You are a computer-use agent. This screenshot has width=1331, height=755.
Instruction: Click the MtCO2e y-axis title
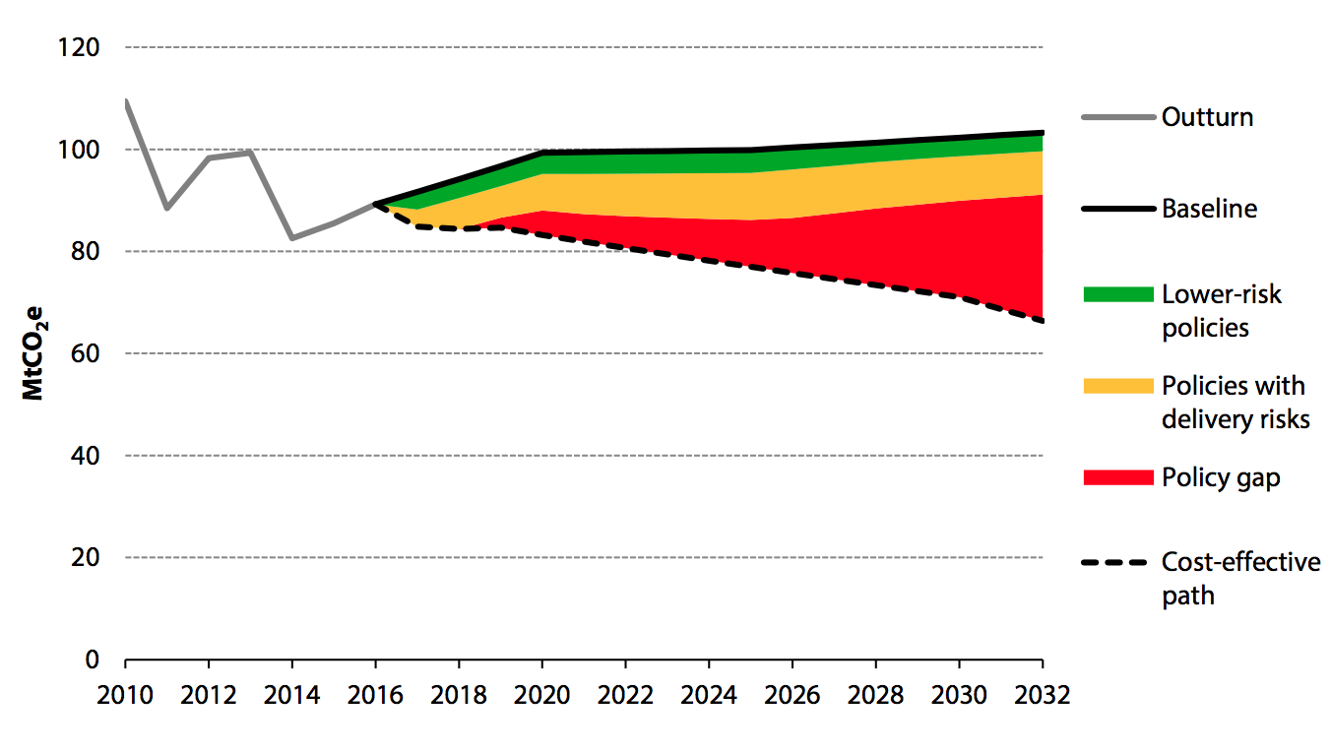(x=34, y=354)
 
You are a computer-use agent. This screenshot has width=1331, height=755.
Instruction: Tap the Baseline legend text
(x=1209, y=209)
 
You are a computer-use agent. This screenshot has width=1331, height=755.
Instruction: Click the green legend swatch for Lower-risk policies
(x=1117, y=294)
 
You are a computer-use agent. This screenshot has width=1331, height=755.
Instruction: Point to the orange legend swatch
(x=1117, y=386)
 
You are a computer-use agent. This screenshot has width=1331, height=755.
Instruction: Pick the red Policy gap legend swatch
(x=1117, y=477)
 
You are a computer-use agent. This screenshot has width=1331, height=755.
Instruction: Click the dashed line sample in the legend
(x=1117, y=563)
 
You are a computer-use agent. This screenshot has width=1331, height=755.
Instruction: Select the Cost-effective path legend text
(x=1240, y=579)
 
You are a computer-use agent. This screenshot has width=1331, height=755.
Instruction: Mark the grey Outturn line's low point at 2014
(x=292, y=238)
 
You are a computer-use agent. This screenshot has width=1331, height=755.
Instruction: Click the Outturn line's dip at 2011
(x=167, y=208)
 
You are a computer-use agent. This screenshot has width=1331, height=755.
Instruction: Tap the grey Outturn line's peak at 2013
(x=251, y=153)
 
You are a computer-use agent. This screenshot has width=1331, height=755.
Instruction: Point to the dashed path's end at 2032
(x=1042, y=321)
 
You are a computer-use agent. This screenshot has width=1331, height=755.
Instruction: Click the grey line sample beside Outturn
(x=1117, y=118)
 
